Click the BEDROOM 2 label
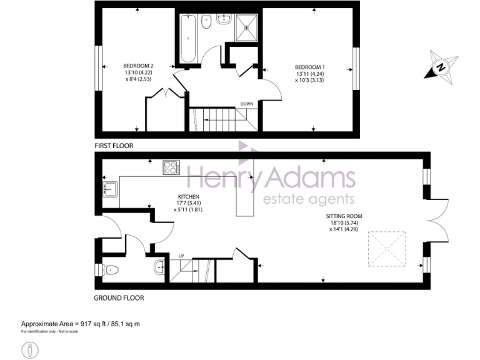pos(138,66)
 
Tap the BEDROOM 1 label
pos(310,66)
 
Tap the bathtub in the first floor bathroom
pos(187,39)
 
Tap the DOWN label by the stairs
pos(247,104)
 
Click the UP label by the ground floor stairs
pos(182,256)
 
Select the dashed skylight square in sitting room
pos(384,249)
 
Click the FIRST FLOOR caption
pos(114,146)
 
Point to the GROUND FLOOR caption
pos(119,298)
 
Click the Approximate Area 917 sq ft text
pos(80,323)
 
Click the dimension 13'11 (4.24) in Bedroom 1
pos(310,72)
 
